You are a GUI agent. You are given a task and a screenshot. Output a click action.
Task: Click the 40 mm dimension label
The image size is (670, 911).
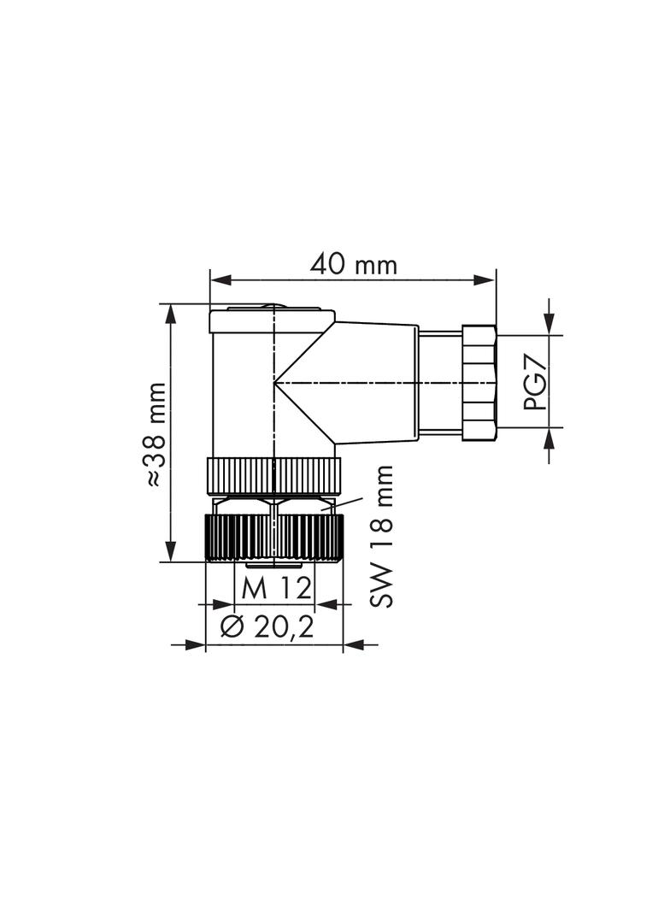pyautogui.click(x=353, y=265)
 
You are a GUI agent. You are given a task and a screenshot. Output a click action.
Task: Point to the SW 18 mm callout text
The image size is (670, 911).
pyautogui.click(x=381, y=536)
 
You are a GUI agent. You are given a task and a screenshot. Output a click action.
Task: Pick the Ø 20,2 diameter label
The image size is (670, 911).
pyautogui.click(x=267, y=627)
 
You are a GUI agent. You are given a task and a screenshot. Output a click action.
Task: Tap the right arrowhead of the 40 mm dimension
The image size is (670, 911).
pyautogui.click(x=485, y=280)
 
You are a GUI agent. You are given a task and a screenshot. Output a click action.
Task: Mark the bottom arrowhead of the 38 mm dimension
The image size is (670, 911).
pyautogui.click(x=171, y=551)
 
